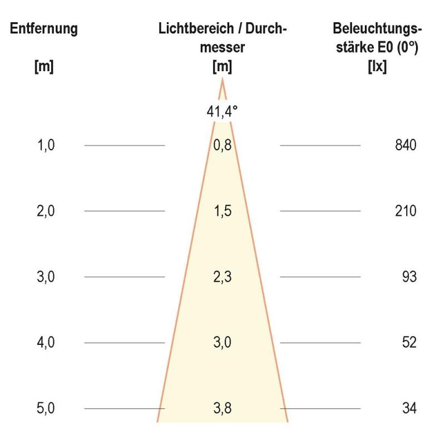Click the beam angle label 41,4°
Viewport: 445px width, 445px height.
(x=222, y=111)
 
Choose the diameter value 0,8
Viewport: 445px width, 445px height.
(x=222, y=146)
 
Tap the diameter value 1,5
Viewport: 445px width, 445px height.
(x=222, y=211)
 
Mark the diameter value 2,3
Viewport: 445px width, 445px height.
(x=222, y=276)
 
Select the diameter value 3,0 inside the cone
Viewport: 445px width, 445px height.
(x=222, y=342)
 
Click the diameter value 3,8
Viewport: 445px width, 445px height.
(x=222, y=408)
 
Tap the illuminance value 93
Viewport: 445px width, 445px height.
(x=409, y=276)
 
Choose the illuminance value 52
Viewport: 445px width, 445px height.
(x=409, y=342)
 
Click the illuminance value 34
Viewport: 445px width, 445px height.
(x=409, y=408)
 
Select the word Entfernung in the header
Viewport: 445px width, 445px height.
(x=44, y=29)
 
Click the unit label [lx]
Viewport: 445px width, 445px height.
(x=378, y=68)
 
